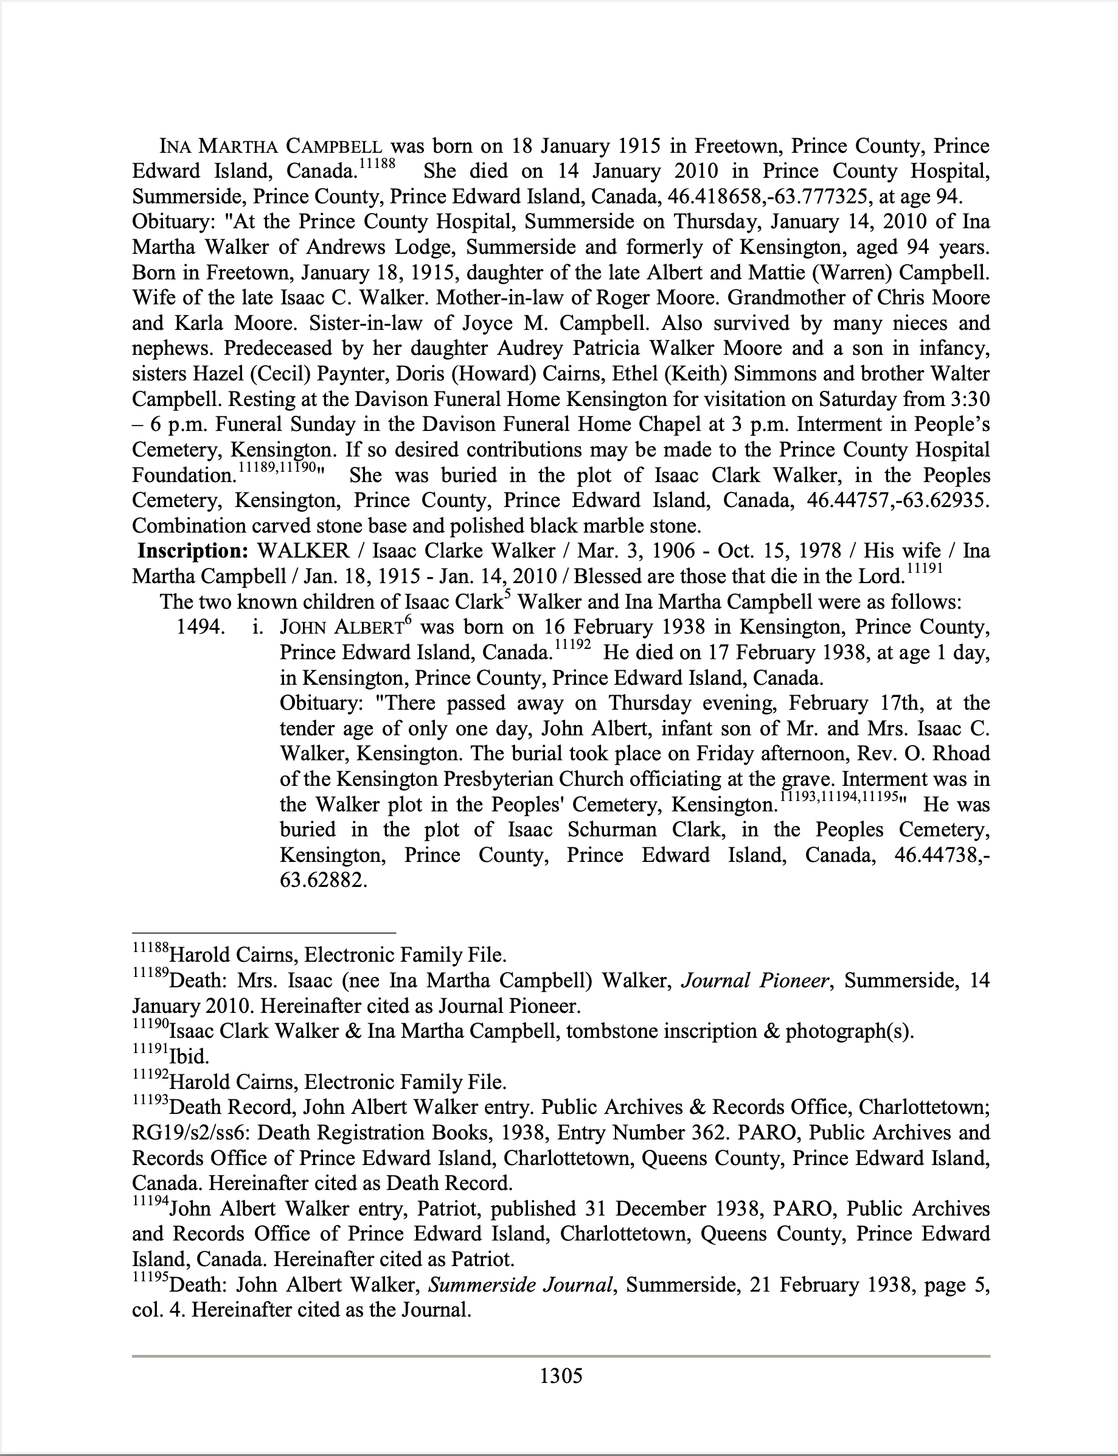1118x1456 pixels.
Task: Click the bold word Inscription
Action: [x=193, y=551]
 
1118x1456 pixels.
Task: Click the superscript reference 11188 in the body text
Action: [x=377, y=164]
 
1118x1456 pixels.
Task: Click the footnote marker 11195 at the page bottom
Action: [x=150, y=1278]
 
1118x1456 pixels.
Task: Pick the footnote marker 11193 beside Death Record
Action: [x=150, y=1101]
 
